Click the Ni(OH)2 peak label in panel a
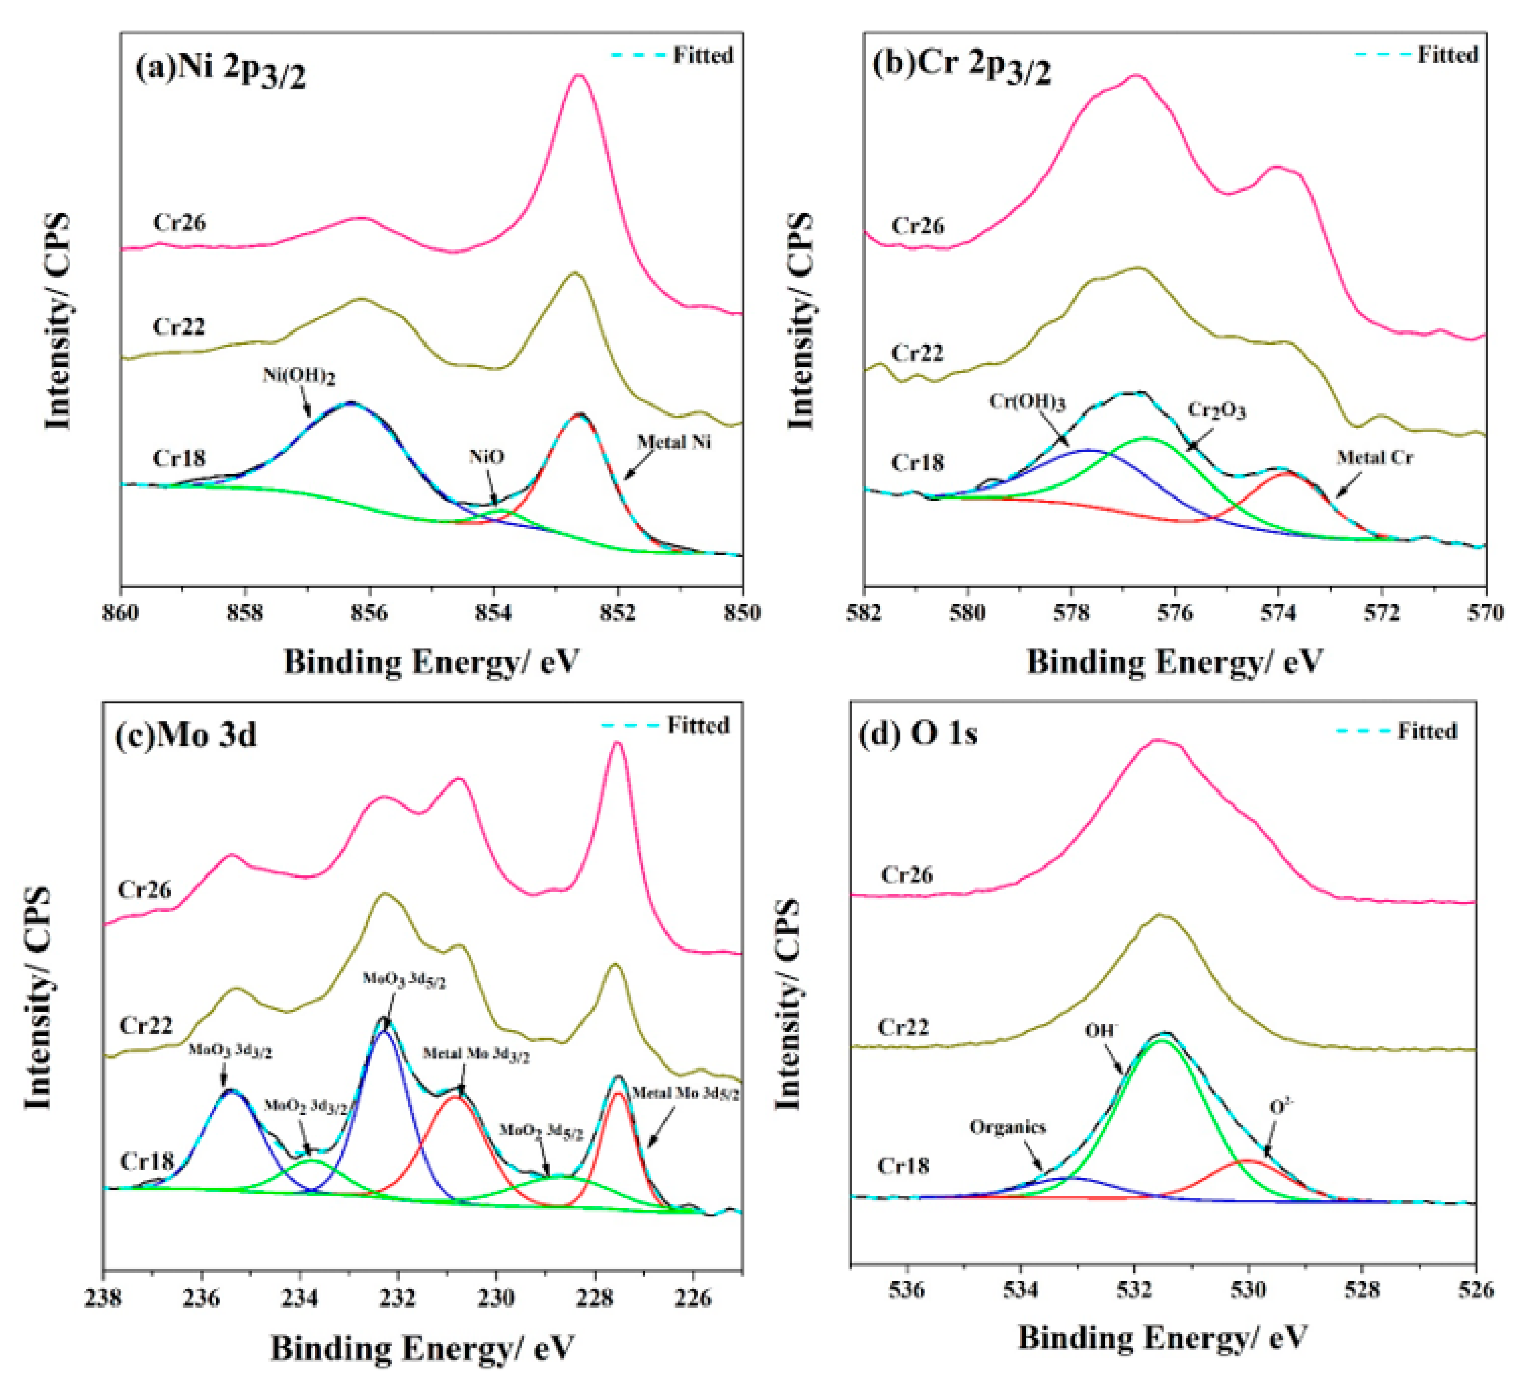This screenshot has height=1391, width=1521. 299,376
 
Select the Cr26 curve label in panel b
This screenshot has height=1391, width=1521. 917,226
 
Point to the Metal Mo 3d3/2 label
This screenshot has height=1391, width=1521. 475,1054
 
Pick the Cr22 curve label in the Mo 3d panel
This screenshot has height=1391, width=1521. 146,1025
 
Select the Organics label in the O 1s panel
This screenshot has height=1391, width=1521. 1008,1127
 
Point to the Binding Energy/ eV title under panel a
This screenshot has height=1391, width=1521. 431,662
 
